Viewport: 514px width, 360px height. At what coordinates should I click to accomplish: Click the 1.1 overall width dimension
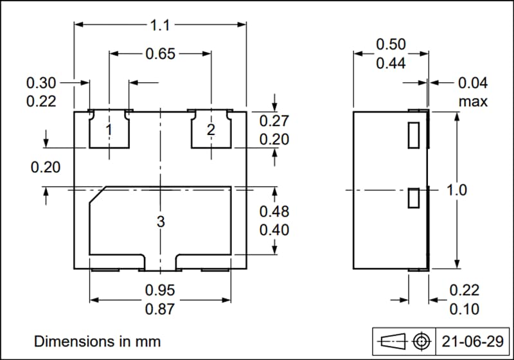160,25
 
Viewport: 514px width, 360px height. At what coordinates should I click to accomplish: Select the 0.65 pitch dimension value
160,54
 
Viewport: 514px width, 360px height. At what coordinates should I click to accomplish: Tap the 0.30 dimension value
41,82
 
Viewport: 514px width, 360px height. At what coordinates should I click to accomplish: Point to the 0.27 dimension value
274,120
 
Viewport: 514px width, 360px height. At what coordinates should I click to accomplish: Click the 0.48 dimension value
274,212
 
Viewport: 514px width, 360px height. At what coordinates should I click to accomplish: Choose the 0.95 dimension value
160,290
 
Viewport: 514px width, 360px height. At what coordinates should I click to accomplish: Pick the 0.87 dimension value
160,309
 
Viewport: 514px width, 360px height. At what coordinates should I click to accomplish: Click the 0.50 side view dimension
391,44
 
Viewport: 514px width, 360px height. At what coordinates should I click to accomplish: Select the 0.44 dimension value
391,63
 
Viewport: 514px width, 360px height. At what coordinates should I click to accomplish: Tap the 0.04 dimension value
473,82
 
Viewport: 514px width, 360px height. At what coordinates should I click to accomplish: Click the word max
473,102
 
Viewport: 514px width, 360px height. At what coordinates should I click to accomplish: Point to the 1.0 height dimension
457,190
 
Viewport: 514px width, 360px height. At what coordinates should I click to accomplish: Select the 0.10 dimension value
464,309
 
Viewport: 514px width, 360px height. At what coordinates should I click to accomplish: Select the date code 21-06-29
471,340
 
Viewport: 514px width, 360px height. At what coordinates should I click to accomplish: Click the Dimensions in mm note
97,340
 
